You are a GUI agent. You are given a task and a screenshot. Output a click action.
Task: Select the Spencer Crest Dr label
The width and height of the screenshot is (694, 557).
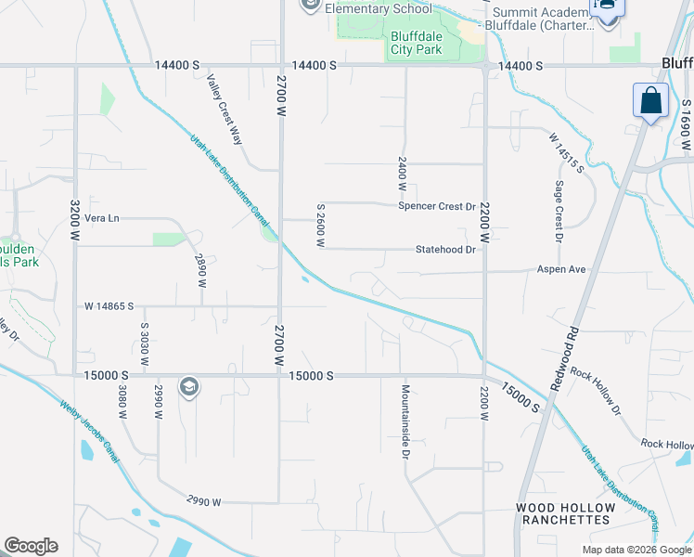pyautogui.click(x=437, y=206)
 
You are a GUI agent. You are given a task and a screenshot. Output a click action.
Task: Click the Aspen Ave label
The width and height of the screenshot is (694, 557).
pyautogui.click(x=561, y=269)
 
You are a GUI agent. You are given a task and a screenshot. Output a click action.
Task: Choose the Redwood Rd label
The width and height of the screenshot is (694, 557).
pyautogui.click(x=564, y=356)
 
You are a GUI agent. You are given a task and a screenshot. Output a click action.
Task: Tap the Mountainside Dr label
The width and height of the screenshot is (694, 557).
pyautogui.click(x=405, y=421)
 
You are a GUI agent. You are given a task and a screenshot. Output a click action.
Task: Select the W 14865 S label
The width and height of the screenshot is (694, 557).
pyautogui.click(x=109, y=305)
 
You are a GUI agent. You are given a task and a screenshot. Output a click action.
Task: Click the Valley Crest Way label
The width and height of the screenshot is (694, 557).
pyautogui.click(x=225, y=109)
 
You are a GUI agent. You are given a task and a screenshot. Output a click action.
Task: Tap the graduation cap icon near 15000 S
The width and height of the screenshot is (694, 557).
pyautogui.click(x=189, y=387)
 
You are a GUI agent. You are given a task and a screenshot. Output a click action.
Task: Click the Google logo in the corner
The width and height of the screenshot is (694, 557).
pyautogui.click(x=31, y=546)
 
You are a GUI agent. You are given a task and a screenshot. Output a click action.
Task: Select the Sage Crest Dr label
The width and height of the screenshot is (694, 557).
pyautogui.click(x=559, y=212)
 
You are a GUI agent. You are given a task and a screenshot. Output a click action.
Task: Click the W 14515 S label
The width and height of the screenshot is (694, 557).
pyautogui.click(x=565, y=152)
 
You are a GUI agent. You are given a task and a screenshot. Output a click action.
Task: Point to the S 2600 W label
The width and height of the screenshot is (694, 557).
pyautogui.click(x=320, y=226)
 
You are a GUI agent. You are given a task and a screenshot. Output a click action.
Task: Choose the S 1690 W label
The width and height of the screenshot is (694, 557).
pyautogui.click(x=686, y=124)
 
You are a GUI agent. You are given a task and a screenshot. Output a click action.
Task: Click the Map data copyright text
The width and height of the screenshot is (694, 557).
pyautogui.click(x=636, y=550)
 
